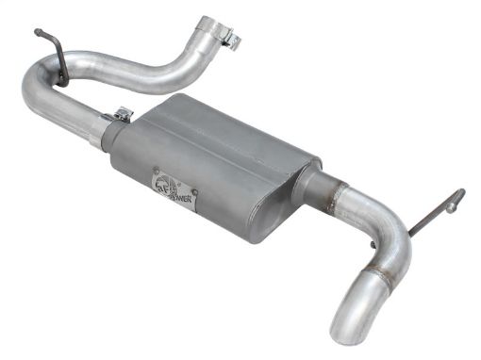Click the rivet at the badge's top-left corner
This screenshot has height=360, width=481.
pos(157,170)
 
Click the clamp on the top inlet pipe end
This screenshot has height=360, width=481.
pos(225,38)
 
